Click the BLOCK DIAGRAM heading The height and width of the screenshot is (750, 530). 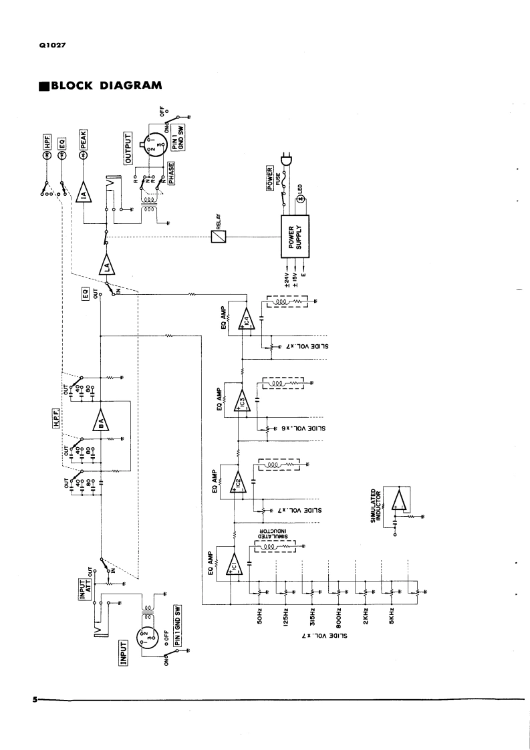[100, 86]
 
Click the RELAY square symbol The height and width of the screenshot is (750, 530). [217, 236]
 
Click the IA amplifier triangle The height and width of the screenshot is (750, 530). [84, 194]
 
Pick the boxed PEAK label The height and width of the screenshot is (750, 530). [84, 140]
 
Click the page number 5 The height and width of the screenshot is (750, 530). [33, 700]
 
